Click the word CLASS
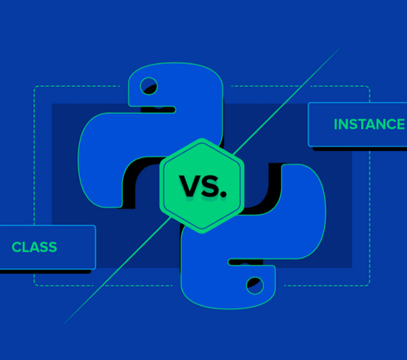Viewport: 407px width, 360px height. tap(34, 247)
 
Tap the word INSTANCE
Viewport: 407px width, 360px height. tap(369, 125)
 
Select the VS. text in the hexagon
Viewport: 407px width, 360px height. tap(203, 186)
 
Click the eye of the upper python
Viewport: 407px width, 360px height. tap(148, 86)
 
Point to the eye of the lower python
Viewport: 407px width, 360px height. tap(255, 286)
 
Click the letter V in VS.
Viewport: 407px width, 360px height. tap(190, 186)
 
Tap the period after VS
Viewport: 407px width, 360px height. tap(223, 195)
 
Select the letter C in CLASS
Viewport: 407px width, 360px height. tap(16, 247)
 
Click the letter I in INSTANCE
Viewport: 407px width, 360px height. tap(335, 125)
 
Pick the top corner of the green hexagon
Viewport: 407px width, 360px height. tap(202, 138)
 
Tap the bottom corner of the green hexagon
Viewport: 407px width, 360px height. tap(202, 233)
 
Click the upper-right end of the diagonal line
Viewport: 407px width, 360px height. tap(340, 49)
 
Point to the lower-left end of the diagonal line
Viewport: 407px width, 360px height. tap(65, 323)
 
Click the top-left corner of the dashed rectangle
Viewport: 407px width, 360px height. tap(34, 86)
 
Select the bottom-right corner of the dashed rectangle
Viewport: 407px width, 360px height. tap(369, 286)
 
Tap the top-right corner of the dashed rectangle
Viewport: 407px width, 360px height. tap(369, 86)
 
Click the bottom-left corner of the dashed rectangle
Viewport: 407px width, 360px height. tap(34, 286)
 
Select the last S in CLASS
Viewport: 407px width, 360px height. tap(52, 247)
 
